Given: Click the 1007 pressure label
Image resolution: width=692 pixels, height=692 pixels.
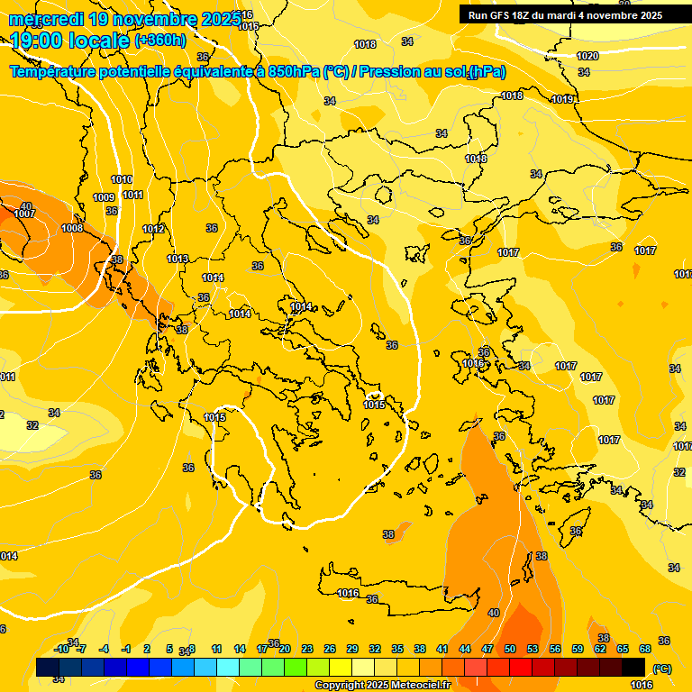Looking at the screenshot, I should (x=24, y=214).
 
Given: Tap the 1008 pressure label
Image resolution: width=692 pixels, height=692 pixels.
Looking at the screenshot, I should (x=72, y=228).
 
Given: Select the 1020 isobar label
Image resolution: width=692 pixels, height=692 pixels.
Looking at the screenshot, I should (x=587, y=56).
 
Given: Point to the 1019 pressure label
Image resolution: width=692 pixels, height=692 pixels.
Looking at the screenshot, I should (x=562, y=99).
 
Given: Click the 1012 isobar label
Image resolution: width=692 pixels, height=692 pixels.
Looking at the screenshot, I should (x=153, y=229).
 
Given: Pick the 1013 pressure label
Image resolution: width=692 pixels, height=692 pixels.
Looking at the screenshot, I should (x=178, y=259).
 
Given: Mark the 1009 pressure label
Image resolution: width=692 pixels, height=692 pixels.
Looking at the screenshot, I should (x=104, y=197).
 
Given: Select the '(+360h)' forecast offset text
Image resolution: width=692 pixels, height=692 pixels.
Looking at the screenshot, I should (x=161, y=41).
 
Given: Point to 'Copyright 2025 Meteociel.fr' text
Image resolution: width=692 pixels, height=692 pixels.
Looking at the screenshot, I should (x=382, y=685).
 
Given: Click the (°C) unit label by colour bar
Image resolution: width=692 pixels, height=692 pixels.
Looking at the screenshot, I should (x=662, y=669).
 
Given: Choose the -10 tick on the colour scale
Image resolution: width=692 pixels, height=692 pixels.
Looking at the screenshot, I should (x=61, y=649).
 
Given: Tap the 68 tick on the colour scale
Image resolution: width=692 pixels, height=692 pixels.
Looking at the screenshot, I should (x=645, y=649).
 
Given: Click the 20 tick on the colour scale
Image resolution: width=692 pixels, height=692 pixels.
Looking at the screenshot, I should (x=285, y=649).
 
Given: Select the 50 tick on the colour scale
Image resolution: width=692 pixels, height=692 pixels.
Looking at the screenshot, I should (x=510, y=649).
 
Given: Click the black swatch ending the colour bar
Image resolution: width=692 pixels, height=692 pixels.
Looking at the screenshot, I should (x=633, y=667).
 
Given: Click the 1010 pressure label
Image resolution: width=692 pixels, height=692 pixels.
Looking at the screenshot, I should (x=122, y=179).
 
